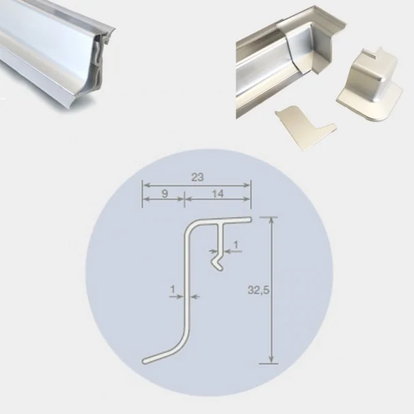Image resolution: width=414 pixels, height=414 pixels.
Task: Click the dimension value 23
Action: pyautogui.click(x=197, y=178)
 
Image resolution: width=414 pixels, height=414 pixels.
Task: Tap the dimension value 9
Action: pyautogui.click(x=165, y=194)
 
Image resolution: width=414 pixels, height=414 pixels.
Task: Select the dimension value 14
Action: pyautogui.click(x=218, y=194)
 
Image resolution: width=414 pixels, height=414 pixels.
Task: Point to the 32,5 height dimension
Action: pyautogui.click(x=258, y=290)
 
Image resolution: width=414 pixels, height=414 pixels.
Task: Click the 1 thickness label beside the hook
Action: pyautogui.click(x=236, y=245)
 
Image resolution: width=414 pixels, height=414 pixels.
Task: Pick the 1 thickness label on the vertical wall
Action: pyautogui.click(x=173, y=289)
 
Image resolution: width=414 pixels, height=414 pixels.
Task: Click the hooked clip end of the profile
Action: pyautogui.click(x=218, y=262)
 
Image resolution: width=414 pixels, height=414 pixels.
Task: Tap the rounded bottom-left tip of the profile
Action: pyautogui.click(x=144, y=361)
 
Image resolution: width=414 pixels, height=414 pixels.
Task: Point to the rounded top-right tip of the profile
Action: pyautogui.click(x=249, y=219)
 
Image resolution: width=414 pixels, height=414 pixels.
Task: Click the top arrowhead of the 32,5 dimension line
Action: pyautogui.click(x=270, y=221)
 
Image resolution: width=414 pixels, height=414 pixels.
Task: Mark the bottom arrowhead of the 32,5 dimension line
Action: pyautogui.click(x=270, y=360)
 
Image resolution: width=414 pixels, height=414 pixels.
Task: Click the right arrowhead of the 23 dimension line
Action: pyautogui.click(x=247, y=185)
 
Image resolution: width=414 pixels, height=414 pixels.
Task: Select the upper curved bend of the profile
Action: pyautogui.click(x=191, y=227)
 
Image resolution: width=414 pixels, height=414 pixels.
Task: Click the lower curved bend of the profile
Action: pyautogui.click(x=182, y=343)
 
